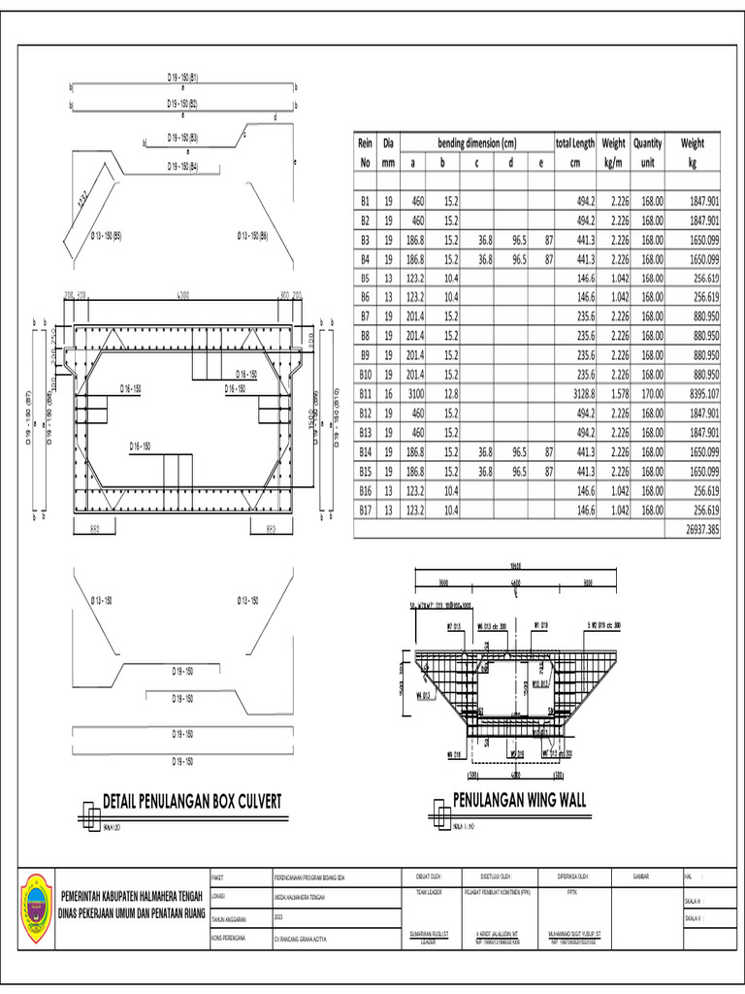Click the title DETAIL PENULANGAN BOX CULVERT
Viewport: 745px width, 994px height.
192,802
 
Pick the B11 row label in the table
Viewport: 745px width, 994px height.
366,394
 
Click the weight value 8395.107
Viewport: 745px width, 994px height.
698,394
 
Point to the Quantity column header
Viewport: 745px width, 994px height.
647,143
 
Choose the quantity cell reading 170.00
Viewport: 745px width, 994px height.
648,394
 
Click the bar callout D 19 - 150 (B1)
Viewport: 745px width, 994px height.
182,77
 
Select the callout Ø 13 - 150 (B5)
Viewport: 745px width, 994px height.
106,236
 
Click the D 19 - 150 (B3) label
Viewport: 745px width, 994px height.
182,138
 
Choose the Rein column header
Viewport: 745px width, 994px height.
366,143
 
